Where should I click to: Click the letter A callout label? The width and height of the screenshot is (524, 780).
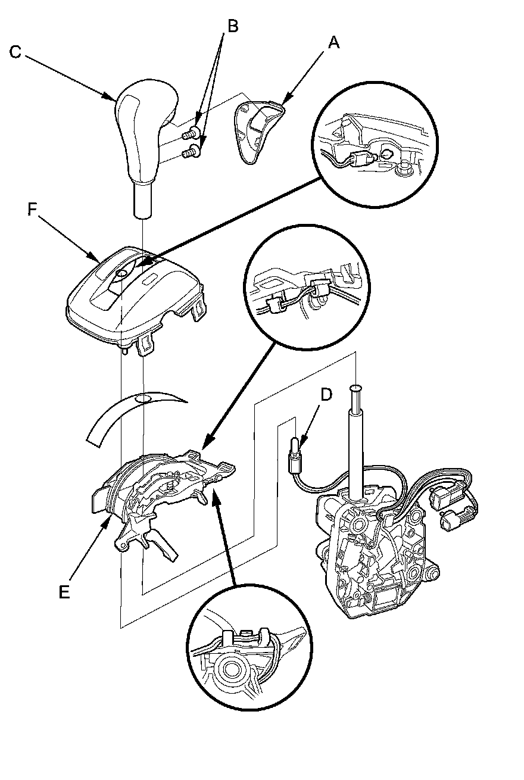tap(334, 42)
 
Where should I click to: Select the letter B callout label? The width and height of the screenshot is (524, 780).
tap(233, 26)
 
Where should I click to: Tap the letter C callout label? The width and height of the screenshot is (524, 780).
tap(15, 52)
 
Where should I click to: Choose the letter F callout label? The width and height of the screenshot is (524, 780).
tap(33, 210)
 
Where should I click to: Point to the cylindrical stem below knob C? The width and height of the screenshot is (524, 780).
tap(143, 200)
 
